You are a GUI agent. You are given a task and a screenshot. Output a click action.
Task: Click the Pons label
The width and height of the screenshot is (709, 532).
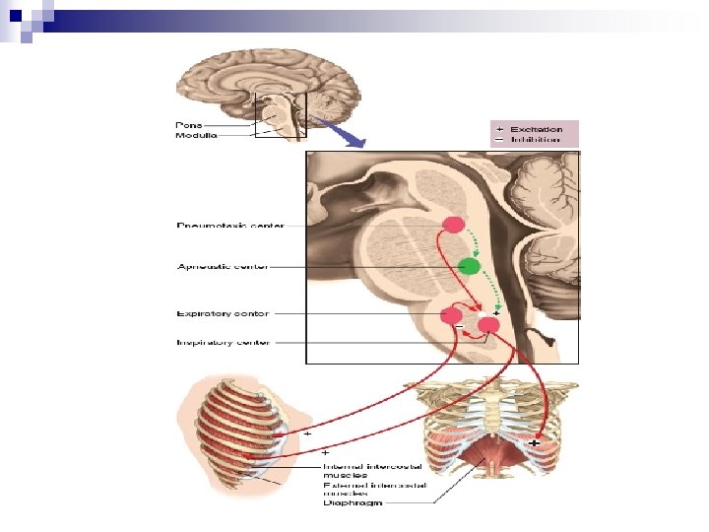pos(189,125)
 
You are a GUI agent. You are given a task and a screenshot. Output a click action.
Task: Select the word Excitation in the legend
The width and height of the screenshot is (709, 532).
pos(537,129)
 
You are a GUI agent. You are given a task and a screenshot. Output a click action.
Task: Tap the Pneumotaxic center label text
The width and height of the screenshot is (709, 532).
pos(230,226)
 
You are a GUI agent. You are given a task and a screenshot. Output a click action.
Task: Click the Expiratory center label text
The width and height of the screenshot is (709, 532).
pos(222,313)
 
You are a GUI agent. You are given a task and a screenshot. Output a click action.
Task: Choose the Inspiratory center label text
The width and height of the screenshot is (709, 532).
pos(223,343)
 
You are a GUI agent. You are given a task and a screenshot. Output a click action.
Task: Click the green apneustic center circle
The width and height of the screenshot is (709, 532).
pos(470,266)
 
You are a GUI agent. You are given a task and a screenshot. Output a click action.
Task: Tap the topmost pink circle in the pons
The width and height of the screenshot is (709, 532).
pos(454,225)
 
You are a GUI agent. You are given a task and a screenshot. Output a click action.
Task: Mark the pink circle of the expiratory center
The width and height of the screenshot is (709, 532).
pos(453,316)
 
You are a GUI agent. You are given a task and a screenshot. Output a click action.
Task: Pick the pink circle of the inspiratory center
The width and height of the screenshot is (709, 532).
pos(488,325)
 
